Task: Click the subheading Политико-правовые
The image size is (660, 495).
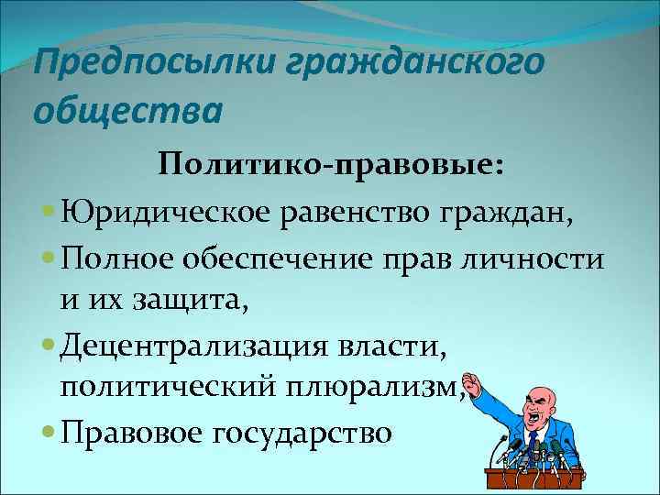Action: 329,166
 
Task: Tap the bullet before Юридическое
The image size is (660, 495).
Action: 47,214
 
